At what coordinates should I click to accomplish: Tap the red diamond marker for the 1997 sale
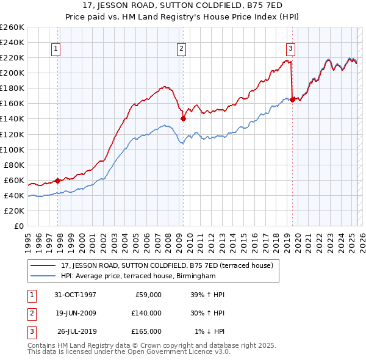click(x=58, y=180)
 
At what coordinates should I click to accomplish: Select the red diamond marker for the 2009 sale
click(x=183, y=119)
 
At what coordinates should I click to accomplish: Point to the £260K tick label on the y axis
click(x=12, y=27)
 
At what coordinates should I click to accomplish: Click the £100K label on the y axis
click(x=12, y=149)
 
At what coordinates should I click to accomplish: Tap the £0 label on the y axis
click(x=19, y=226)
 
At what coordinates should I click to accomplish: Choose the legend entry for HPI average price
click(x=138, y=276)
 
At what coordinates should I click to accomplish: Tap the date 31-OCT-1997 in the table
click(x=76, y=295)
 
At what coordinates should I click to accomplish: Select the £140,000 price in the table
click(x=146, y=313)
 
